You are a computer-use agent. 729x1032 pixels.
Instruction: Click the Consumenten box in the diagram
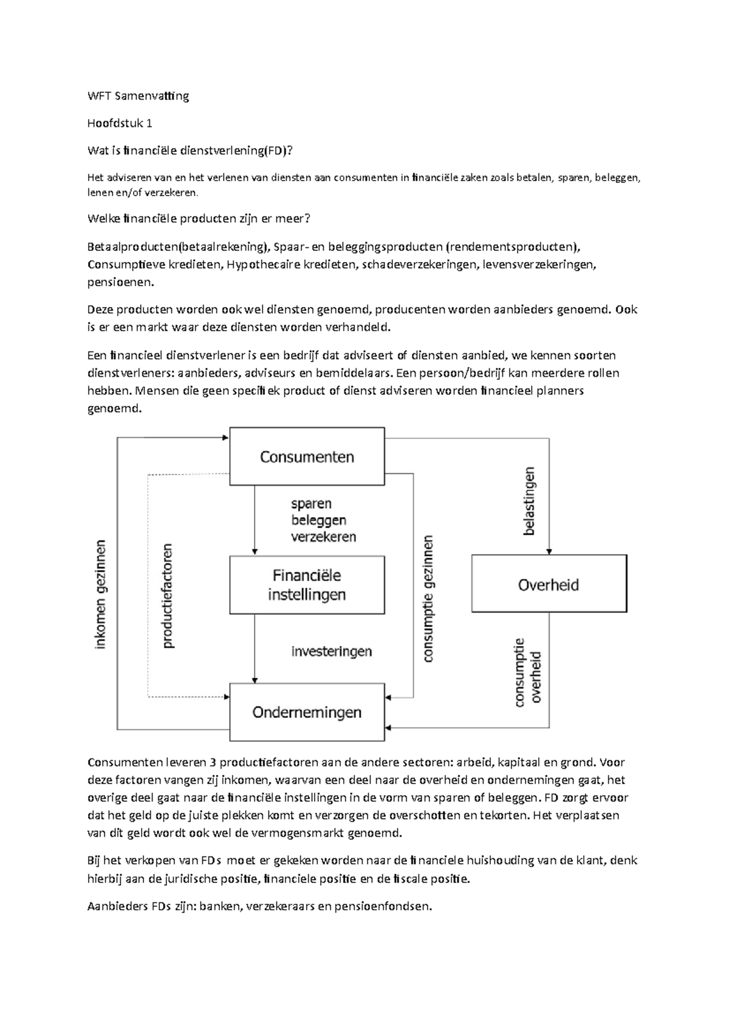[307, 456]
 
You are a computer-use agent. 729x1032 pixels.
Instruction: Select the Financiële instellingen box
[307, 585]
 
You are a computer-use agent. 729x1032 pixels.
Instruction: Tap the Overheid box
[549, 585]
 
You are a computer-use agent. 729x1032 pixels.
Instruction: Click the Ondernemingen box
[307, 712]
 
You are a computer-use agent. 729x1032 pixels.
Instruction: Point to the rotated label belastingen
[529, 501]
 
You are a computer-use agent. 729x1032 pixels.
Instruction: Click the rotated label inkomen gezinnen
[101, 594]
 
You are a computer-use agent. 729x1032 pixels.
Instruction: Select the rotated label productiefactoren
[168, 596]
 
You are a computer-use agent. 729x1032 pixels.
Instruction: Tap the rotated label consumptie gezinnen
[428, 598]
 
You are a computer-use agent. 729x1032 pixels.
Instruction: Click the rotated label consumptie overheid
[527, 672]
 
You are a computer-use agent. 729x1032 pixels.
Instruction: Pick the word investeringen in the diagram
[332, 652]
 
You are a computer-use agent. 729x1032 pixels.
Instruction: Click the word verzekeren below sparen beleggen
[324, 537]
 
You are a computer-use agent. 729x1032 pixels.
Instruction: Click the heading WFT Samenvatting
[139, 95]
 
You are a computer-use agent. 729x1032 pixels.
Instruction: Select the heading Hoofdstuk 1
[120, 123]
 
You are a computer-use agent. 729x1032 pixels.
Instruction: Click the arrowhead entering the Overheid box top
[549, 551]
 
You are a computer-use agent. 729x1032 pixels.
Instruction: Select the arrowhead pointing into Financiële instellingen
[255, 551]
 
